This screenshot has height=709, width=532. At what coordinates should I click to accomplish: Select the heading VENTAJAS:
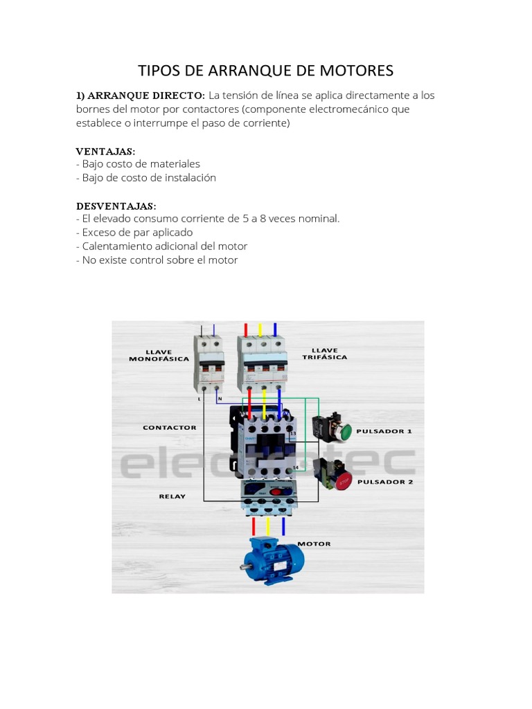[105, 150]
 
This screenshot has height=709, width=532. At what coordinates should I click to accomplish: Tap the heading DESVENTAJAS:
[116, 206]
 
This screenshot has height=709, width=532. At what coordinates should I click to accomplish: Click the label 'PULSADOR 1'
[384, 431]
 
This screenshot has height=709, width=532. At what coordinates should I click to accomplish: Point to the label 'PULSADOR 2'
[384, 481]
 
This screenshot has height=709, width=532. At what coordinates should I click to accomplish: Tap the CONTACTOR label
[170, 428]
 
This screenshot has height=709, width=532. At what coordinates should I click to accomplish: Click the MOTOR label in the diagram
[314, 544]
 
